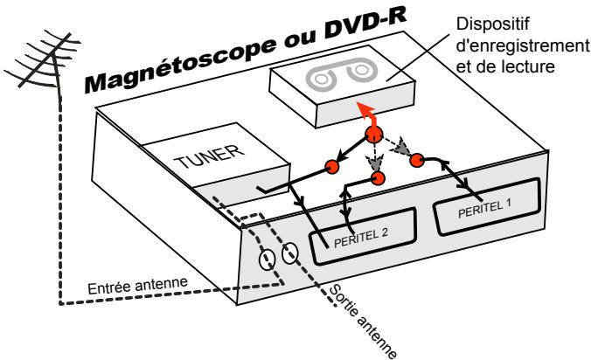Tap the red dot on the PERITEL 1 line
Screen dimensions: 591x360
coord(417,160)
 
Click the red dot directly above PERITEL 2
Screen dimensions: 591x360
coord(379,177)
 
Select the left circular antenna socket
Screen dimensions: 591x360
coord(267,259)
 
